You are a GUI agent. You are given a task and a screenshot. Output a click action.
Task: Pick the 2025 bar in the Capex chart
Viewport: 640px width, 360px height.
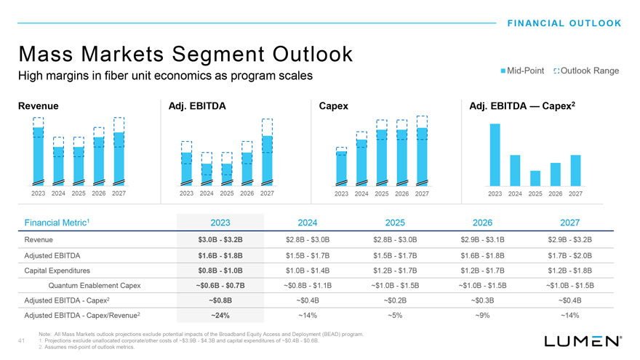(381, 156)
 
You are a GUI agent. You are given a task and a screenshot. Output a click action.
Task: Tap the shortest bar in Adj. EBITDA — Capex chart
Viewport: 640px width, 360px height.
(535, 178)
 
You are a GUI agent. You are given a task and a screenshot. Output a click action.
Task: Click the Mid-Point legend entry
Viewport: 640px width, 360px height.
(523, 71)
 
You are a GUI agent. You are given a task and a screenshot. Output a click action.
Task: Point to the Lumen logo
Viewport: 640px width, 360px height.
(583, 340)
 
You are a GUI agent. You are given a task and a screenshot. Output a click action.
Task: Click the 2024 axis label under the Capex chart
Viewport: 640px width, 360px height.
(361, 194)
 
